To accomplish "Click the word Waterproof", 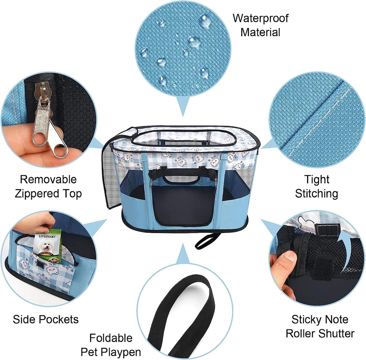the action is [x=261, y=19].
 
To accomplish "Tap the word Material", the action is [x=260, y=32].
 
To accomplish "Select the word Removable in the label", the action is [x=48, y=180].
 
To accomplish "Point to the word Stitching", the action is [x=317, y=194].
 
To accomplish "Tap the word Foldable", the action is [x=111, y=338].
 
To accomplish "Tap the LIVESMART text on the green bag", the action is [x=47, y=236].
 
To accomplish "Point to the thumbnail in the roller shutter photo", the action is [x=290, y=257].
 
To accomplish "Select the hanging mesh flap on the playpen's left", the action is [x=110, y=172].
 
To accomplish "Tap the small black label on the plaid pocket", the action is [x=42, y=265].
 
